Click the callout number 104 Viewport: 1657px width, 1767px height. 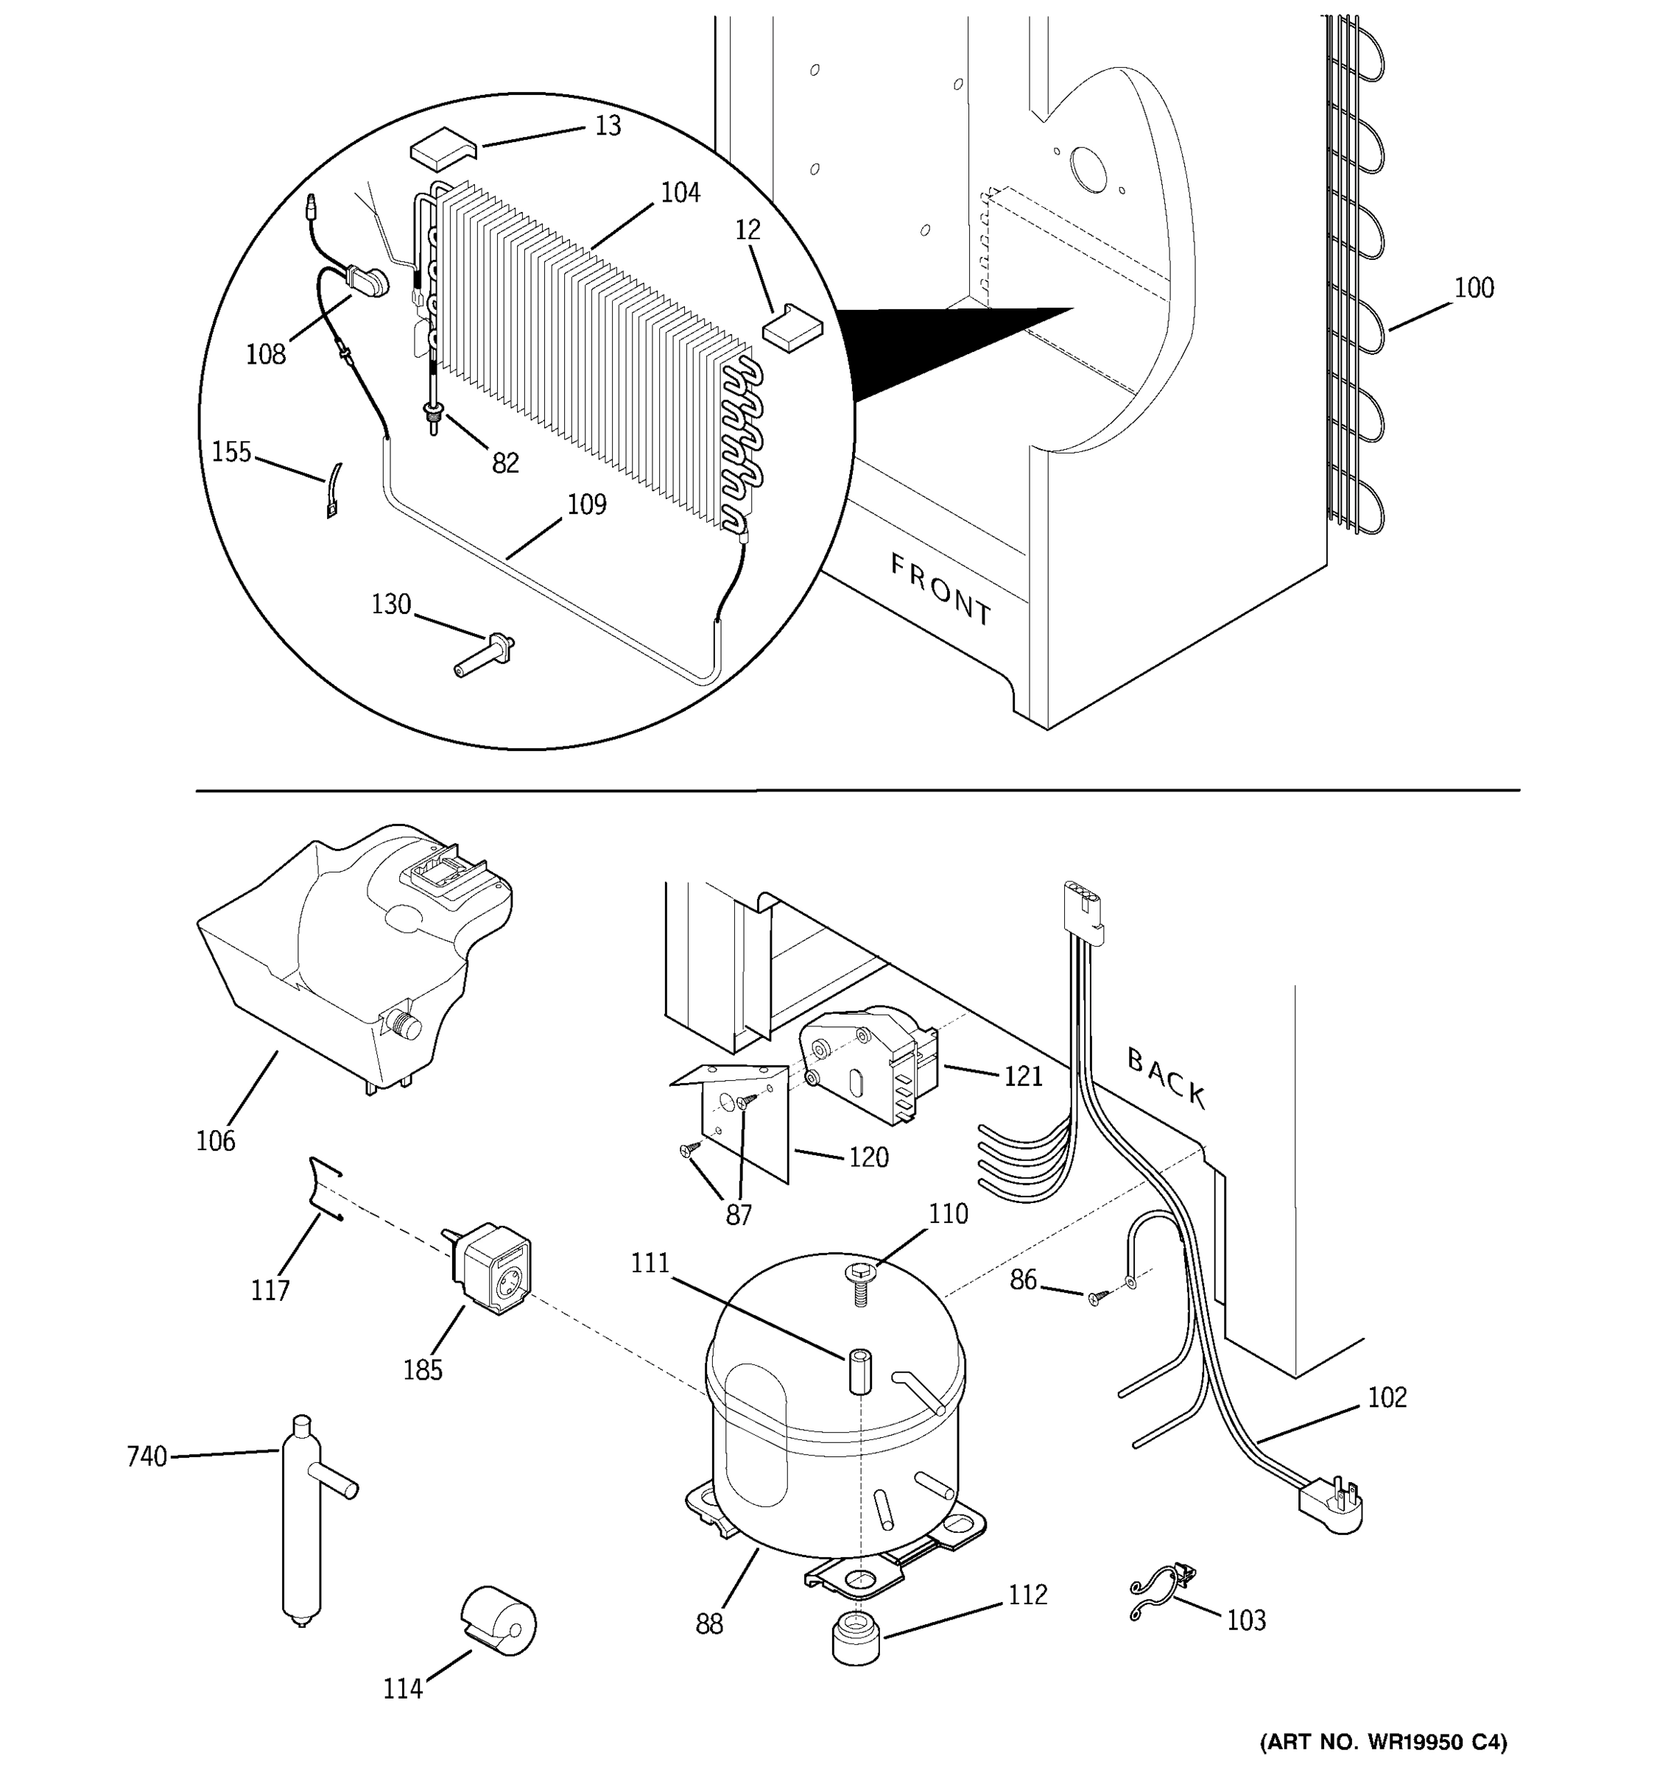[x=680, y=193]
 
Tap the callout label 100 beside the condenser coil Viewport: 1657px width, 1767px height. [x=1473, y=288]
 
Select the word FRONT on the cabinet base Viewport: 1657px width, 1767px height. [x=940, y=588]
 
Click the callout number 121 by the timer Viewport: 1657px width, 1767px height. [x=1022, y=1076]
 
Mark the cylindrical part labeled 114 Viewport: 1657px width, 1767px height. [x=498, y=1620]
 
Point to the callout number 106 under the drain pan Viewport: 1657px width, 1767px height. [x=215, y=1141]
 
